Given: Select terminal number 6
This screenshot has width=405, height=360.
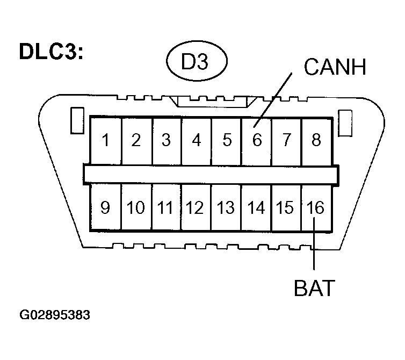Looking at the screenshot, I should pos(256,141).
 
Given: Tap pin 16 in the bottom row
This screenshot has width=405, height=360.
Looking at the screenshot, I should pos(316,207).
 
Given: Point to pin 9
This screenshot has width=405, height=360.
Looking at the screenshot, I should pos(106,207).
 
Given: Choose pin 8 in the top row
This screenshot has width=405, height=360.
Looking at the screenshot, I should pos(316,141).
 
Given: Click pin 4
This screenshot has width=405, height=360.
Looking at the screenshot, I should pos(197,141).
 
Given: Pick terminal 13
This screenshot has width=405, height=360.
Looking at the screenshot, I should pos(226,207).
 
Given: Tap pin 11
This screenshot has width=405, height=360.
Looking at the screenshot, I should pos(166,207).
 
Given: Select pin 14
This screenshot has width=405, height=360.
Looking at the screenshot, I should pos(256,207).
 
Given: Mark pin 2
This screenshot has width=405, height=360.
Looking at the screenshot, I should pos(136,141).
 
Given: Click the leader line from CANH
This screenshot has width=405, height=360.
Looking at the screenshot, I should pos(274,97).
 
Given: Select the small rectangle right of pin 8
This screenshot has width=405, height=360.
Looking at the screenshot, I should pos(345,120).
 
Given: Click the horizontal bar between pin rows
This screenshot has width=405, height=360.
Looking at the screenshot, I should pos(211,174).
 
